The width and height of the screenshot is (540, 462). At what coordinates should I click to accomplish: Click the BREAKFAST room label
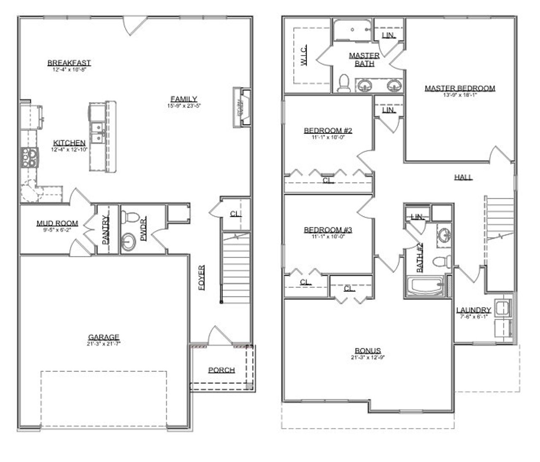point(69,63)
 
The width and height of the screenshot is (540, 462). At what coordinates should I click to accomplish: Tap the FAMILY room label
point(184,99)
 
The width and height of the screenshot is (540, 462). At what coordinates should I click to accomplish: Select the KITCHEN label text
point(69,143)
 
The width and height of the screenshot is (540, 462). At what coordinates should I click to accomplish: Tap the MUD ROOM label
point(57,223)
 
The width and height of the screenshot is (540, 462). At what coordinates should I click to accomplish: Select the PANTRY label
point(105,230)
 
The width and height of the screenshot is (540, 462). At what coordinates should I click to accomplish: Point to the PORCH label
point(221,370)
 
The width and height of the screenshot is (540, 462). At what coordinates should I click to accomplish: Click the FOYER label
point(202,278)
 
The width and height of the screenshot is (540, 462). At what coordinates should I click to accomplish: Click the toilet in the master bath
point(344,83)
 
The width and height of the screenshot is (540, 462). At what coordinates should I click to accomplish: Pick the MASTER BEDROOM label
point(460,89)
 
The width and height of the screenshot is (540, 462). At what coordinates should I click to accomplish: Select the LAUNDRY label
point(473,310)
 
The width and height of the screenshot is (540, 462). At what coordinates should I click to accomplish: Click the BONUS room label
point(367,351)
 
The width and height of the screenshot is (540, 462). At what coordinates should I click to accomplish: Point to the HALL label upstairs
point(463,177)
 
